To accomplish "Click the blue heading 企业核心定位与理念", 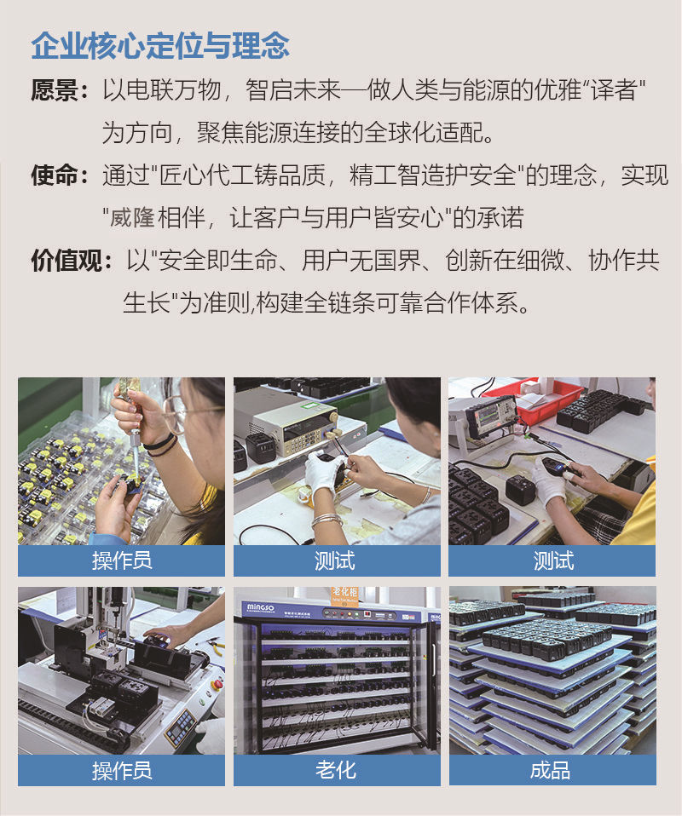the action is pos(160,46).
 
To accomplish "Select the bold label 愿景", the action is pos(54,90).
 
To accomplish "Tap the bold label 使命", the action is pos(54,175).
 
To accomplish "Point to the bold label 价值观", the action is pos(66,260).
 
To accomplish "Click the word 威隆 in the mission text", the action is pos(132,217).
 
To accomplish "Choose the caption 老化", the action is pos(336,770).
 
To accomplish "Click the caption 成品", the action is pos(551,770).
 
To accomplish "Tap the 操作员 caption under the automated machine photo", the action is pos(122,770).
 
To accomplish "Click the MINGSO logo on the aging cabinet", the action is pos(261,607).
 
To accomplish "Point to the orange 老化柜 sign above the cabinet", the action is pos(345,593).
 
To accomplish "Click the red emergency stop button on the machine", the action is pos(216,683).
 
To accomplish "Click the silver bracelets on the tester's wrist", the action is pos(327,519).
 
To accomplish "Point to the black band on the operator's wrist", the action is pos(161,445).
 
